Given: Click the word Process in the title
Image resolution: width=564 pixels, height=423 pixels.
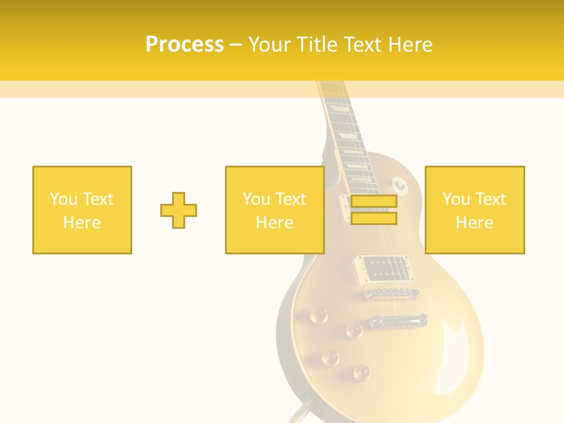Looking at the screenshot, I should pos(184,45).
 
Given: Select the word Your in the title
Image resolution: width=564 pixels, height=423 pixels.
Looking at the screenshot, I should pos(270,45).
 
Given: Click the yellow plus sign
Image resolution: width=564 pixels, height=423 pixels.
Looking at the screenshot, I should pos(179,210).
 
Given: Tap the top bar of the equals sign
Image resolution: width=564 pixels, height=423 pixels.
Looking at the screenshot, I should pos(374,202).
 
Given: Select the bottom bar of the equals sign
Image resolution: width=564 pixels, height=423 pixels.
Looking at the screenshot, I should pos(374,219).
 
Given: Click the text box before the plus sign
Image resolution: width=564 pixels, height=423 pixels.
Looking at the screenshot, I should pos(82,210).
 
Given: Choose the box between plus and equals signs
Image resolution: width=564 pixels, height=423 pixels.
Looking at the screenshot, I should pos(275,210).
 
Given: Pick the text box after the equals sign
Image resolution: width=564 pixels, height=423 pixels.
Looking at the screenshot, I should pos(475,210).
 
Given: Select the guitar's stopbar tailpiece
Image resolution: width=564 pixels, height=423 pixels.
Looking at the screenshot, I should pos(397,321).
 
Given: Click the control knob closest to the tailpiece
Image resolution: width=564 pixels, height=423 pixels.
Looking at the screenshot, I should pos(354,330).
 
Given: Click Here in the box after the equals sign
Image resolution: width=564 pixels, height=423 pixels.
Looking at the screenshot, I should pos(475,223).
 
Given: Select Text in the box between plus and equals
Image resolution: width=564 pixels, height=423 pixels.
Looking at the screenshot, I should pos(291,199).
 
